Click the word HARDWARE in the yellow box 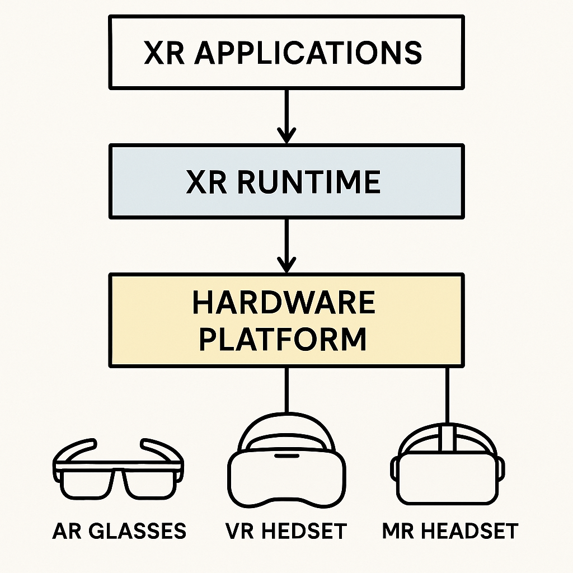click(284, 303)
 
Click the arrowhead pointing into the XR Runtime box click(286, 136)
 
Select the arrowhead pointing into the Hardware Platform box click(286, 265)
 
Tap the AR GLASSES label click(119, 530)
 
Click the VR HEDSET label click(286, 530)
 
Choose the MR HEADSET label click(450, 530)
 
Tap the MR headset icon click(448, 467)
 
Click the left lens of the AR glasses click(87, 482)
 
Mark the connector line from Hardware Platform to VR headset click(286, 392)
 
